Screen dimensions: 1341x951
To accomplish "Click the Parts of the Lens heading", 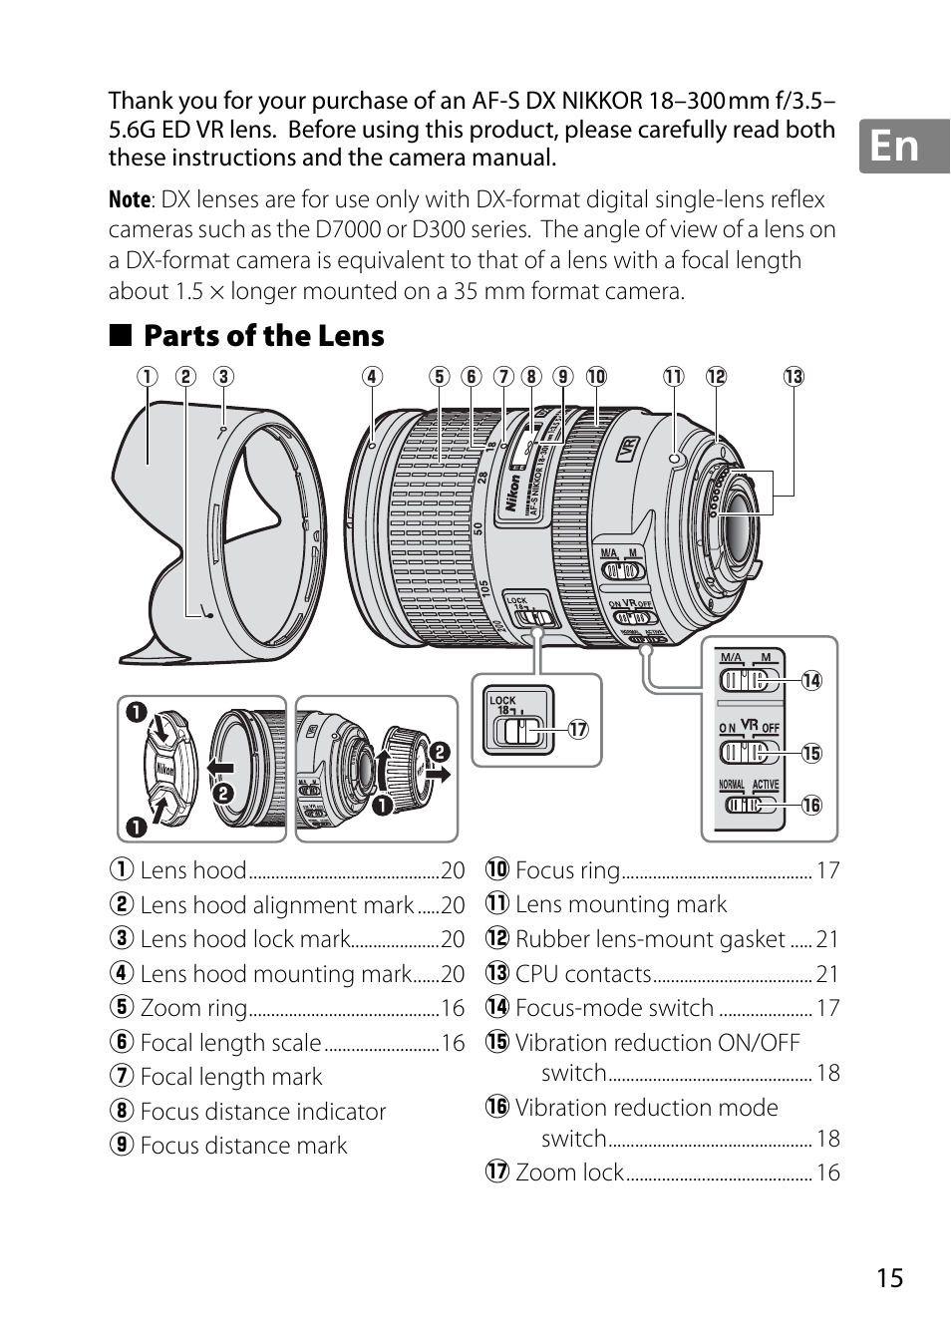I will [x=263, y=336].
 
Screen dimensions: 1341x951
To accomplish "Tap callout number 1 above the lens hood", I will [x=148, y=377].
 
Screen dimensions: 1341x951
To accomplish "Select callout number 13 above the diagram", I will [x=793, y=377].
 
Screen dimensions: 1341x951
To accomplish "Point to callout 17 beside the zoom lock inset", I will [x=578, y=730].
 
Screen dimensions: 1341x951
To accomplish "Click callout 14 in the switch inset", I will [x=811, y=681].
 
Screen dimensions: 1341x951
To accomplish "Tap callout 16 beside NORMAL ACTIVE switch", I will [x=811, y=805].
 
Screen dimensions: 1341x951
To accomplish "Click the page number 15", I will [x=890, y=1277].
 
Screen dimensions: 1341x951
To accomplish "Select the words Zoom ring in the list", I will [x=193, y=1008].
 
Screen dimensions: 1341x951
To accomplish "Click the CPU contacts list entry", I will [x=583, y=974].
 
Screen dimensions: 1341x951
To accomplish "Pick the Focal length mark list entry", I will [x=231, y=1077].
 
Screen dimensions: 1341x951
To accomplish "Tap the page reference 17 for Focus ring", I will [x=827, y=870].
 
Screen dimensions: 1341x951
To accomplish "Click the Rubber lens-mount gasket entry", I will [x=650, y=939].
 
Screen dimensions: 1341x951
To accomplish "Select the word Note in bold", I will [x=130, y=200].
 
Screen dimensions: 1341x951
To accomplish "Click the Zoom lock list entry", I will [x=569, y=1173].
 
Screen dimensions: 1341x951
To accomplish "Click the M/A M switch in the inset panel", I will [x=747, y=680].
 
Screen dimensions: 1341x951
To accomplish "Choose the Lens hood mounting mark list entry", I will [x=275, y=974].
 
